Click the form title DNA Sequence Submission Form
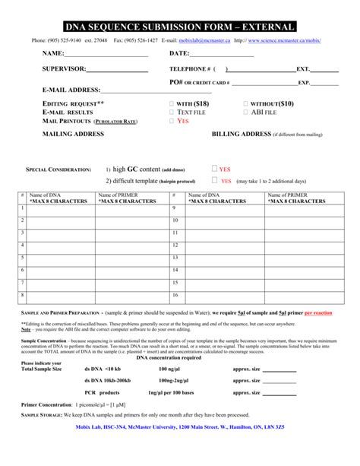pos(180,26)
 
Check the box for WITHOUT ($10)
pos(245,103)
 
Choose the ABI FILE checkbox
pos(245,112)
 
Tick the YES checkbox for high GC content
pos(214,169)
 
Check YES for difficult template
pos(214,181)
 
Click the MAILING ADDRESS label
pos(74,134)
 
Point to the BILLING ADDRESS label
pos(241,134)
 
